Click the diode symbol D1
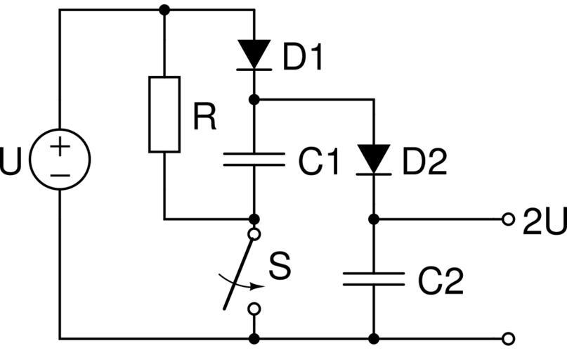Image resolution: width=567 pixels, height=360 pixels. [254, 54]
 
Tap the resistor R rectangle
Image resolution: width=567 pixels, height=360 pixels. [164, 114]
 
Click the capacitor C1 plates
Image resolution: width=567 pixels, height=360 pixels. [254, 160]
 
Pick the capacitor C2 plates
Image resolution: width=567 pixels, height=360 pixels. [374, 279]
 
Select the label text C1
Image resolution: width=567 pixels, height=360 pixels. [318, 163]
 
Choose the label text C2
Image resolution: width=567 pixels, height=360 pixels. [441, 282]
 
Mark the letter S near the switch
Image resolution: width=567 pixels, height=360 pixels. [279, 267]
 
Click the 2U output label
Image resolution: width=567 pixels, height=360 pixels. [544, 221]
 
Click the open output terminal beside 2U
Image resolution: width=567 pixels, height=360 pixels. [508, 219]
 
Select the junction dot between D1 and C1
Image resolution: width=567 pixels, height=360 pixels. [254, 100]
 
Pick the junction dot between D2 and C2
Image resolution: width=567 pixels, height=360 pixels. [374, 219]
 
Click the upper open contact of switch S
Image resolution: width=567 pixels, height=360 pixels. [254, 233]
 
